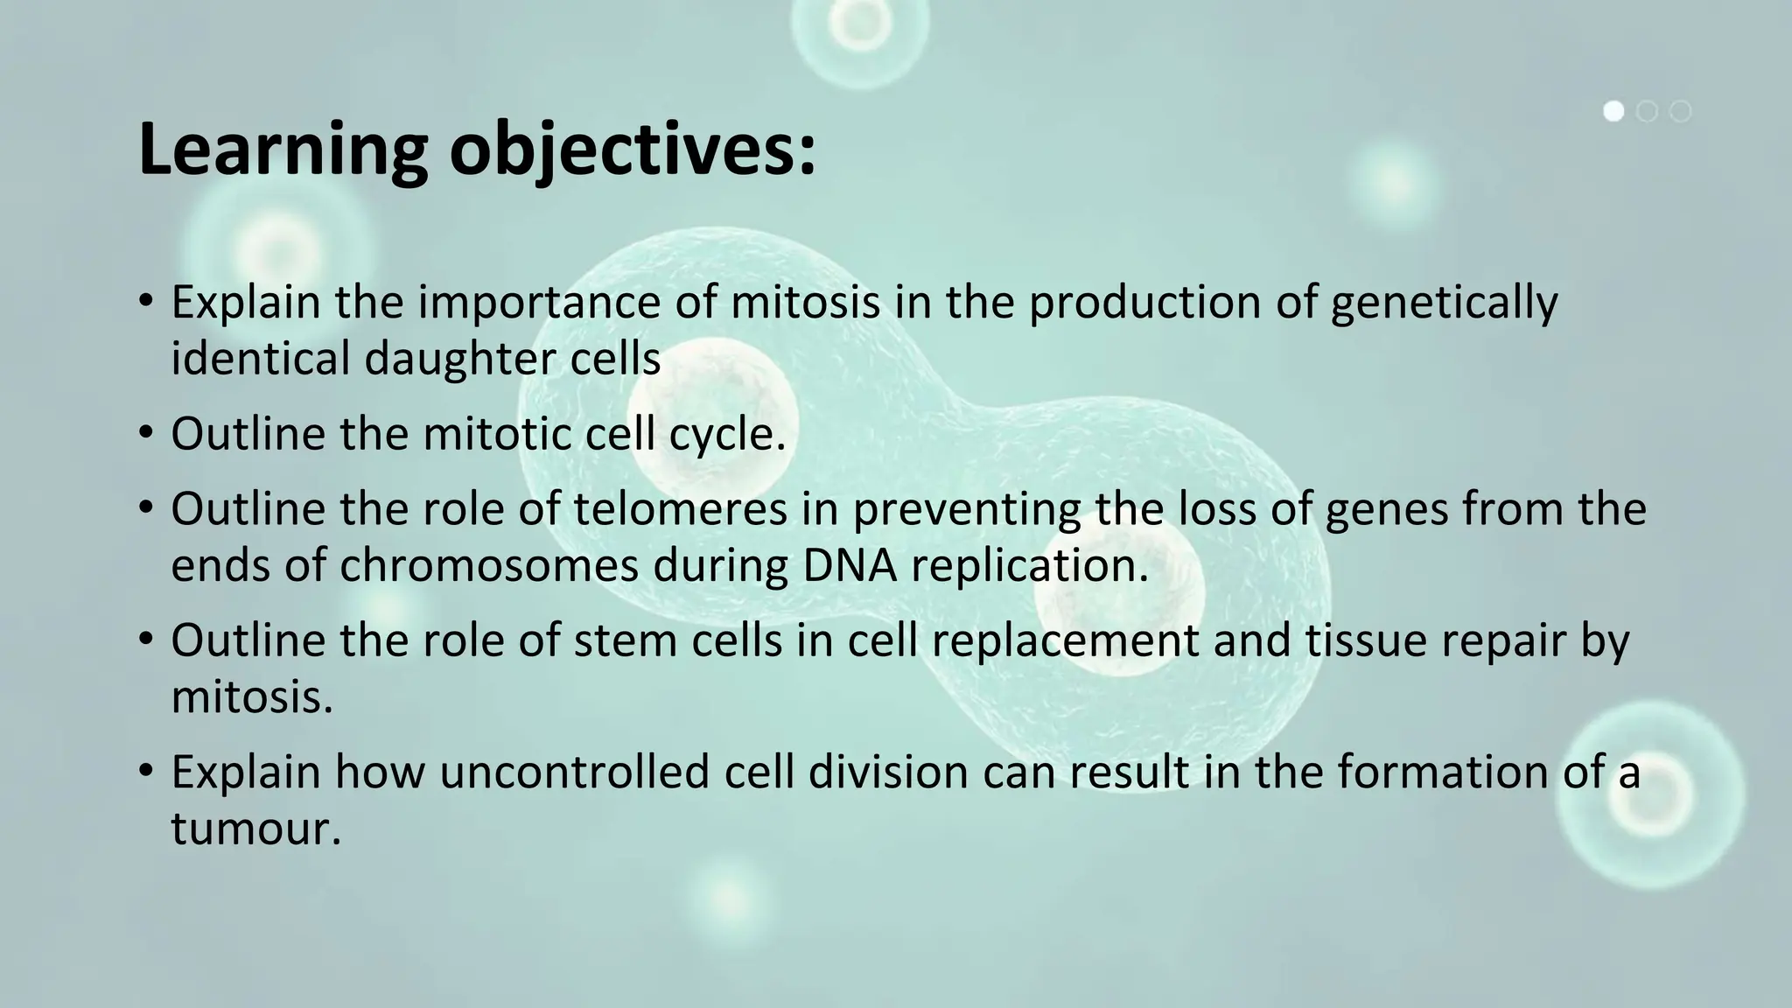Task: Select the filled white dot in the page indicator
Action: click(x=1613, y=111)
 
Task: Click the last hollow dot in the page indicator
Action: click(x=1680, y=111)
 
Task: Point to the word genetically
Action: click(x=1444, y=303)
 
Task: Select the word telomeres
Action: click(x=681, y=509)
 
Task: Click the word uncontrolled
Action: click(x=574, y=773)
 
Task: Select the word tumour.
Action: click(x=255, y=829)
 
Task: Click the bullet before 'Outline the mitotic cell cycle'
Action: click(x=146, y=434)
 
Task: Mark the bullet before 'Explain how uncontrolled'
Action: click(x=146, y=773)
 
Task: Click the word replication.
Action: click(x=1029, y=566)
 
